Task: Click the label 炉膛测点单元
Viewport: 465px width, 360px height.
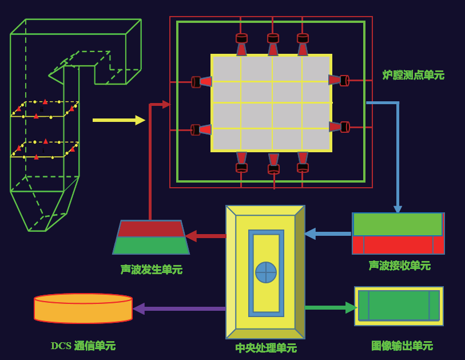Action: (x=413, y=75)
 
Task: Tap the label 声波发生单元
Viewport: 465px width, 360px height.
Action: (x=151, y=269)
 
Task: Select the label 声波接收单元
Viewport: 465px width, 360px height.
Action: (x=399, y=266)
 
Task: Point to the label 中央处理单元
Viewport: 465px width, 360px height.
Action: (x=266, y=347)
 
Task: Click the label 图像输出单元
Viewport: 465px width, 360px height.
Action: (x=402, y=346)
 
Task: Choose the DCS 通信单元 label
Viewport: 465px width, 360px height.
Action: (x=83, y=346)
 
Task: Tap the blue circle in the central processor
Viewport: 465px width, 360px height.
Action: (x=266, y=272)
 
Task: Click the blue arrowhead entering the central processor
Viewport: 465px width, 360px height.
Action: (x=309, y=234)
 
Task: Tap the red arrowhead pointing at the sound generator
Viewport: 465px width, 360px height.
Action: (x=191, y=236)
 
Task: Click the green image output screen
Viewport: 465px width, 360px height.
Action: (x=399, y=306)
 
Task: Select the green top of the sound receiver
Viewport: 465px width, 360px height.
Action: (x=398, y=224)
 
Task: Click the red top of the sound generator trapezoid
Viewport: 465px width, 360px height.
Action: (x=151, y=229)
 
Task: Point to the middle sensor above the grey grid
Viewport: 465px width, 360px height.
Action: (x=273, y=45)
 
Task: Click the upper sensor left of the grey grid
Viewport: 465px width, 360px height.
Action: (x=201, y=82)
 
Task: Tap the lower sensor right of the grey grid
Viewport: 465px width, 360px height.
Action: (x=339, y=127)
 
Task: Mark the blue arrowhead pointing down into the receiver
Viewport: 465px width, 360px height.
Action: (x=398, y=209)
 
